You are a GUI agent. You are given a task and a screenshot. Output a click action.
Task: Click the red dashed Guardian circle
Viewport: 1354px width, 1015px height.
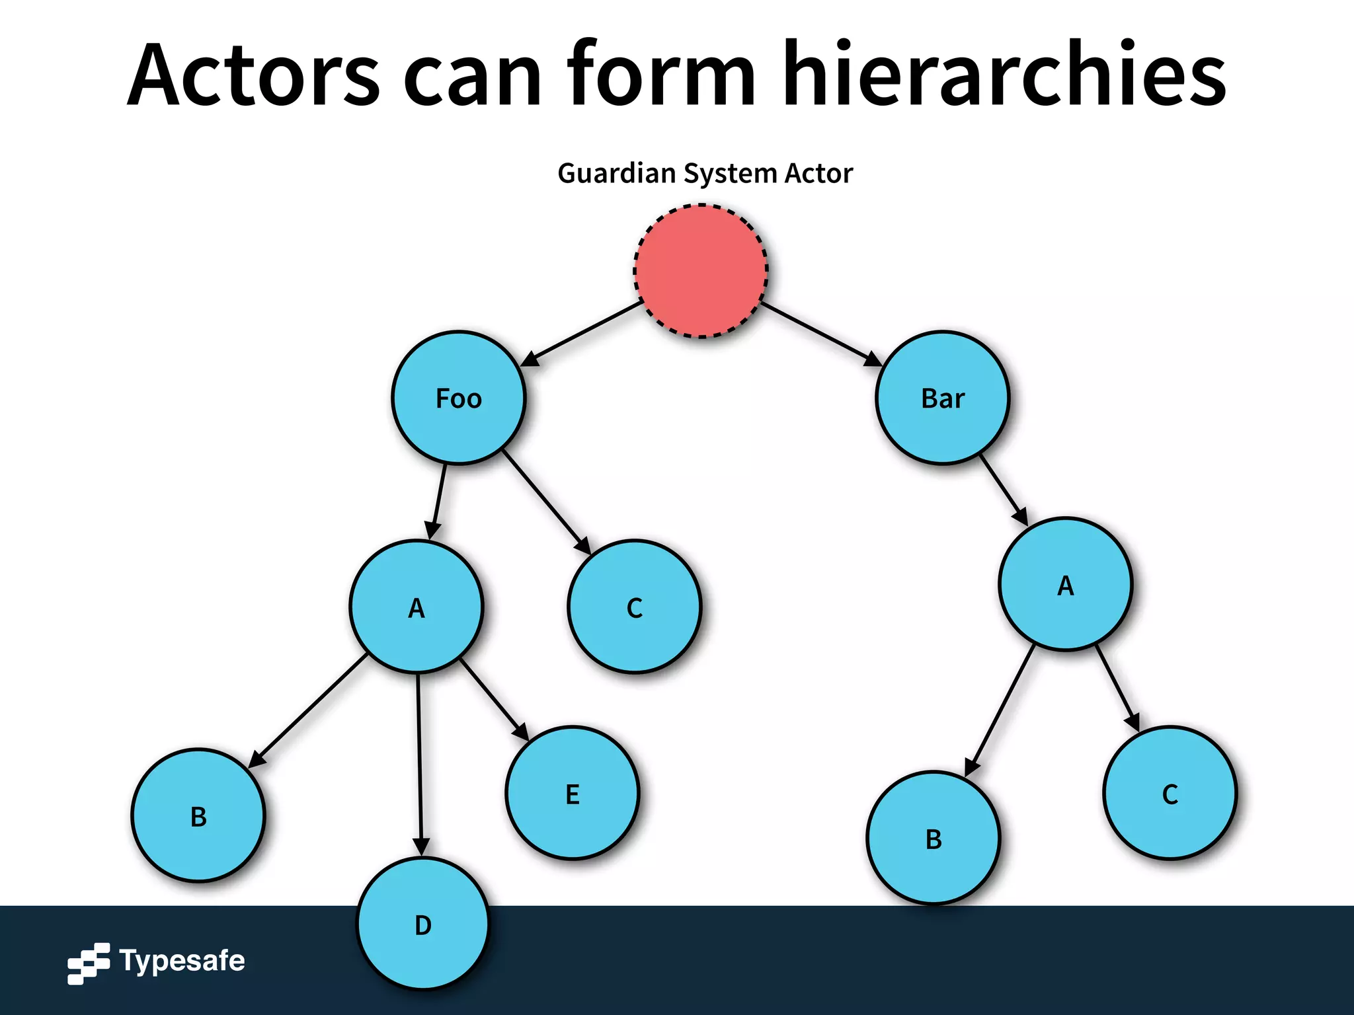pyautogui.click(x=701, y=271)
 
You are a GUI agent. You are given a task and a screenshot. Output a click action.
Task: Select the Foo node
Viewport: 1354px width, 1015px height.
pyautogui.click(x=458, y=398)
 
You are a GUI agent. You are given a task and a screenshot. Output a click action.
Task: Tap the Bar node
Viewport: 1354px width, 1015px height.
pyautogui.click(x=943, y=398)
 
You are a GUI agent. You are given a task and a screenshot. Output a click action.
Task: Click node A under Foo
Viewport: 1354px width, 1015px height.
pyautogui.click(x=417, y=607)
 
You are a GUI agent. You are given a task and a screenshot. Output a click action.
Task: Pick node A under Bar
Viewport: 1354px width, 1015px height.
pyautogui.click(x=1065, y=585)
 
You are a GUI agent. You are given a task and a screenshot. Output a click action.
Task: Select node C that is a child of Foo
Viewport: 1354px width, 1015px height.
pyautogui.click(x=634, y=607)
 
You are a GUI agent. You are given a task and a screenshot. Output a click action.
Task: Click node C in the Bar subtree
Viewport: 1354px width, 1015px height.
pyautogui.click(x=1170, y=793)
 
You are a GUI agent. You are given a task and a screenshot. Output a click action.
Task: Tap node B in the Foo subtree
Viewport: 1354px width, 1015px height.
pyautogui.click(x=198, y=815)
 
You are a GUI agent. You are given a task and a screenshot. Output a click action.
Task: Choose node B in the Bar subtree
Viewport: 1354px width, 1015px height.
pyautogui.click(x=933, y=838)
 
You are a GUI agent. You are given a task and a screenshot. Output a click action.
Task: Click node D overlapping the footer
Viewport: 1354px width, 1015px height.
pyautogui.click(x=423, y=924)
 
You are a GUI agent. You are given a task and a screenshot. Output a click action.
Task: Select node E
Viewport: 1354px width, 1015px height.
pyautogui.click(x=573, y=793)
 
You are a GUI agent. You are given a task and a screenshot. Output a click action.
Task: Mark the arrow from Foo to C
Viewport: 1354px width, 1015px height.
pyautogui.click(x=546, y=502)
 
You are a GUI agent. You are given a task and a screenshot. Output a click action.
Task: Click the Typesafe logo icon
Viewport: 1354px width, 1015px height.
pyautogui.click(x=89, y=963)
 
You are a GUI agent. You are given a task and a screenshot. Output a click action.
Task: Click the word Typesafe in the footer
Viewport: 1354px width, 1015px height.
pyautogui.click(x=182, y=961)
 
